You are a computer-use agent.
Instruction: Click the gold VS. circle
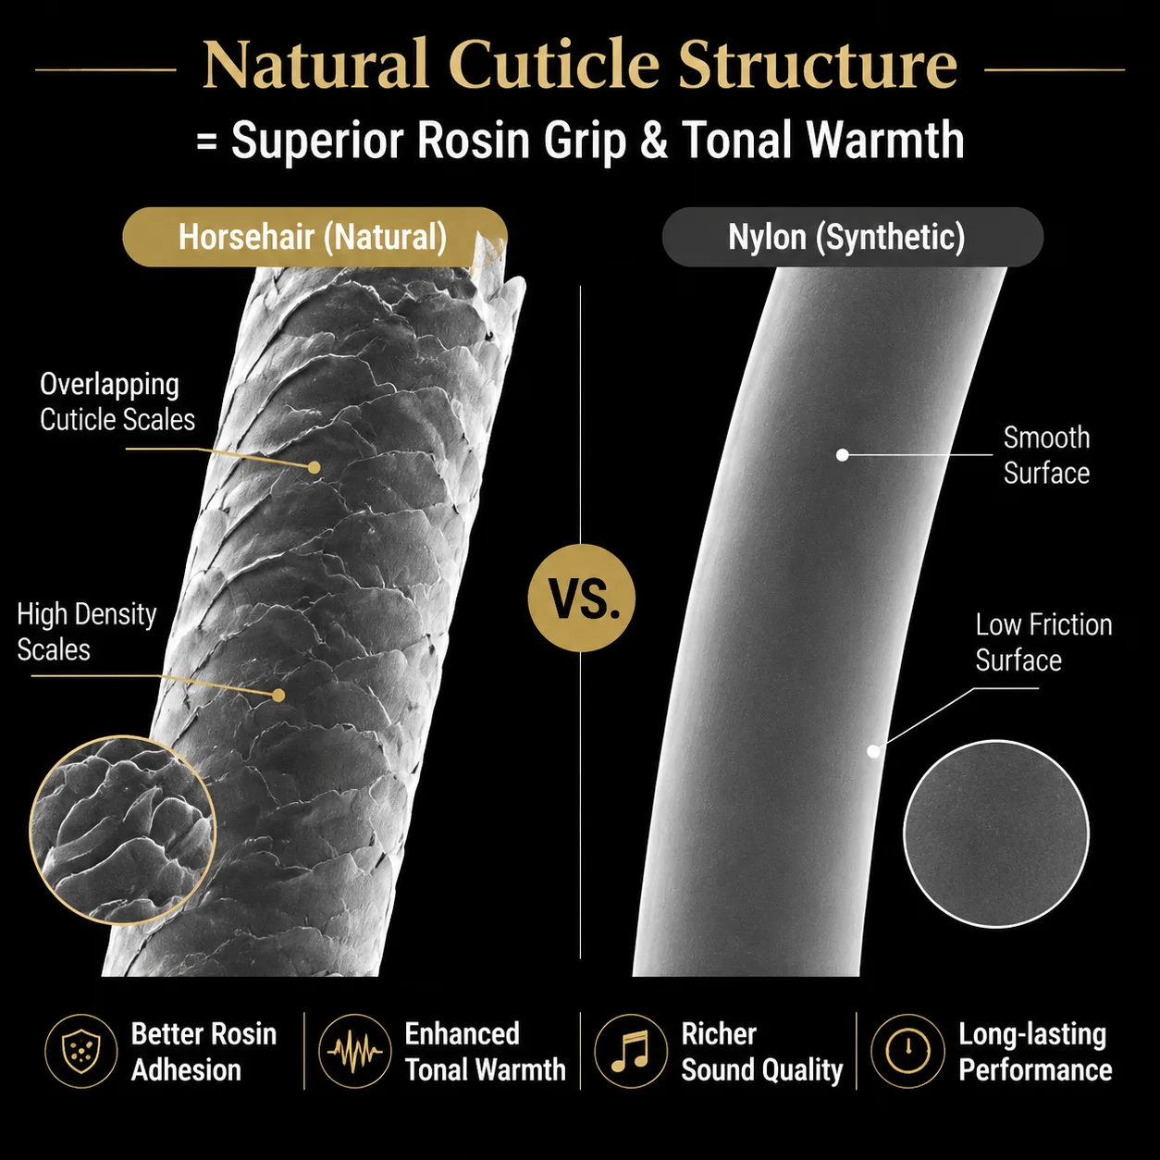pos(582,598)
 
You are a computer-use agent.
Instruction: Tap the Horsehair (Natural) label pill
pos(315,237)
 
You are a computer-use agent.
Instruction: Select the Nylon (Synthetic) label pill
pos(852,237)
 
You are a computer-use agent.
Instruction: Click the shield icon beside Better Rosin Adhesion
pos(81,1052)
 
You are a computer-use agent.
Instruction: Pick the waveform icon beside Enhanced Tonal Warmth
pos(354,1052)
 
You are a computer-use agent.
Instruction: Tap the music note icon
pos(631,1052)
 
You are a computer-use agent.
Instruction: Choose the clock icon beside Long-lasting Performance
pos(907,1052)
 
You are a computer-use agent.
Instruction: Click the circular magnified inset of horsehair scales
pos(123,830)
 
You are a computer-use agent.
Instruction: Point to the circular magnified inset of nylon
pos(996,833)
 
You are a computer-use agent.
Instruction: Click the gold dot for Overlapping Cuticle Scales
pos(314,466)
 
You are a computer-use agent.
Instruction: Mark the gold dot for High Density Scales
pos(278,696)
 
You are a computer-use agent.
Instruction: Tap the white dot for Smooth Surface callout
pos(843,455)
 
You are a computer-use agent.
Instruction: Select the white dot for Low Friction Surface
pos(873,750)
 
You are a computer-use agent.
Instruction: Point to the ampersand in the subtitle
pos(654,140)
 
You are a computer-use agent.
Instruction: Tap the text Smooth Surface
pos(1046,455)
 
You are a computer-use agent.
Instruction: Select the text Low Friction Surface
pos(1043,642)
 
